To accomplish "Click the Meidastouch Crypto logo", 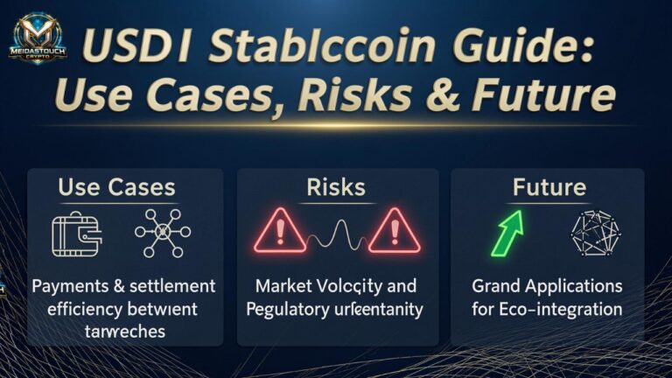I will pos(38,38).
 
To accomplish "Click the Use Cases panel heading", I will pos(116,186).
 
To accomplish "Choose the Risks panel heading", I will pos(336,186).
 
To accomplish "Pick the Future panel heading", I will pos(549,186).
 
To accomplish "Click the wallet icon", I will pos(78,234).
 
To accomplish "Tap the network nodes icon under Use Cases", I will pos(162,234).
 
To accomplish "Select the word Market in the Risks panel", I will pos(284,286).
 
